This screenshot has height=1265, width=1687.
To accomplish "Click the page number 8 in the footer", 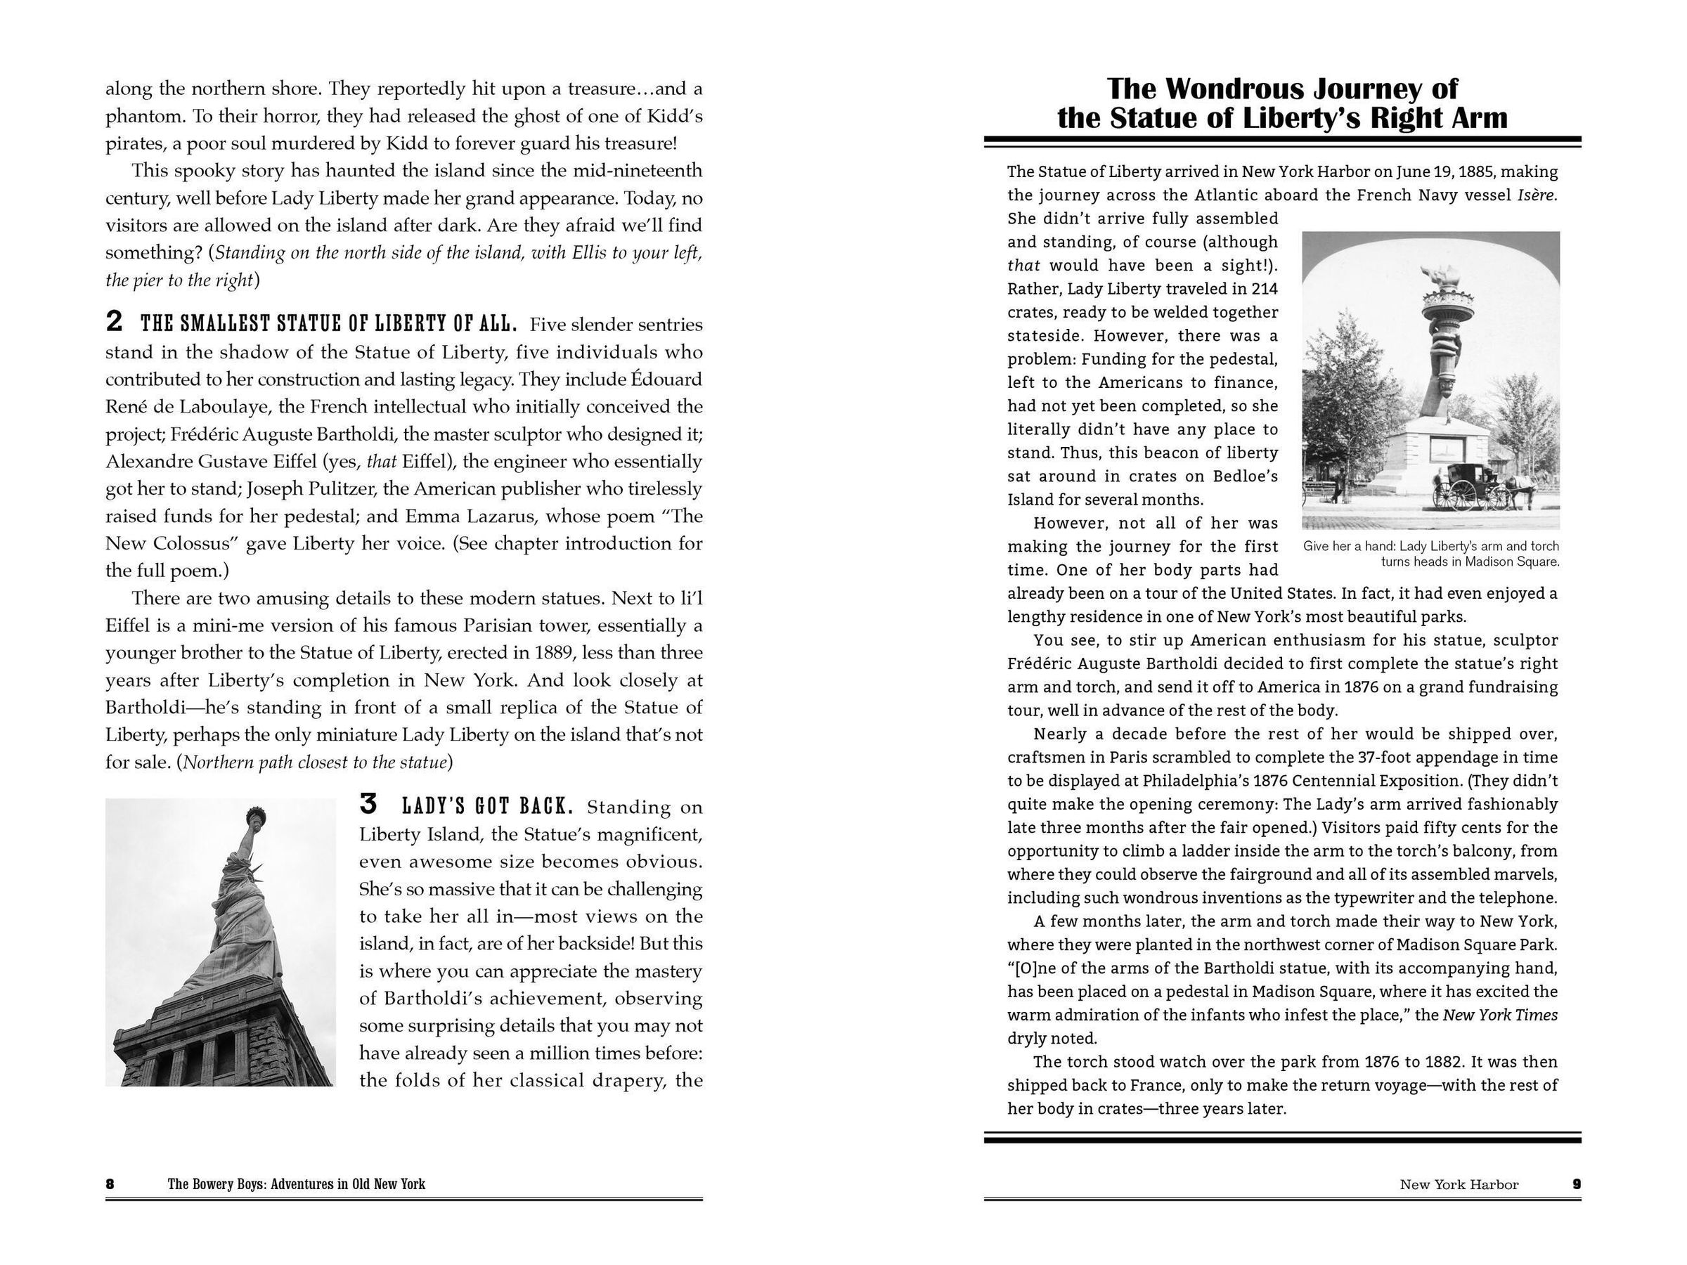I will [110, 1184].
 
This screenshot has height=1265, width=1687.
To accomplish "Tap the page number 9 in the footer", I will [1577, 1184].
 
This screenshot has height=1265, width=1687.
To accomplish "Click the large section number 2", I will [114, 323].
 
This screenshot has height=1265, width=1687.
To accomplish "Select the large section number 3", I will [368, 804].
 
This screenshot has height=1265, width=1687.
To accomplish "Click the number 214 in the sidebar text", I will [1263, 289].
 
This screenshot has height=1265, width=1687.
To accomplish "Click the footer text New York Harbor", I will [1459, 1184].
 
